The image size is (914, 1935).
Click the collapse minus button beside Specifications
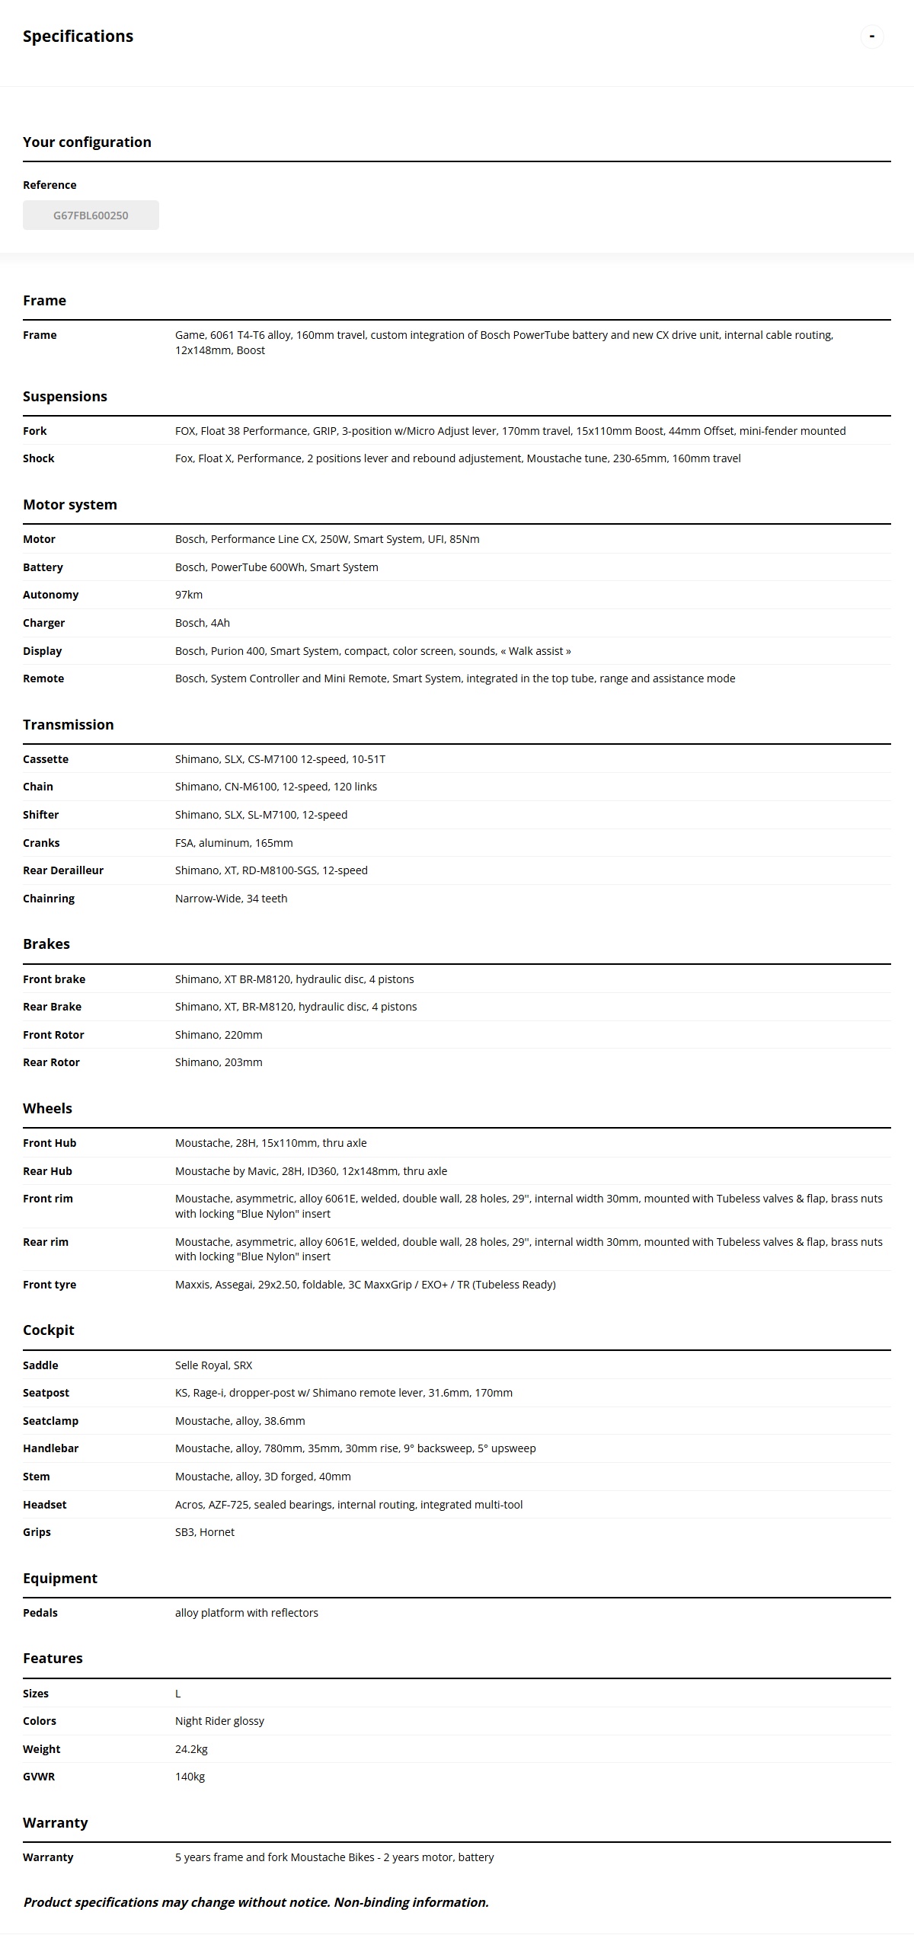point(871,37)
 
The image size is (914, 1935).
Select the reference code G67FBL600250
point(91,216)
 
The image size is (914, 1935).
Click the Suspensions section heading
point(65,397)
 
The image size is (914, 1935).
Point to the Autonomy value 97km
point(189,595)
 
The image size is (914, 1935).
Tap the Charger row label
point(43,623)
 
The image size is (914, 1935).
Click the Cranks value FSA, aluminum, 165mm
point(234,843)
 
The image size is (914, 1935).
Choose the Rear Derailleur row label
point(63,870)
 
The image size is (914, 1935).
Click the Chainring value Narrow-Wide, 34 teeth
point(231,899)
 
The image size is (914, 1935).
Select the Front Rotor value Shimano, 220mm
point(219,1035)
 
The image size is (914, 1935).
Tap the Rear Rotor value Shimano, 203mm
point(219,1062)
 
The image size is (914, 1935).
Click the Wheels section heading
point(47,1109)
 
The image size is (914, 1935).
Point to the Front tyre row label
point(50,1285)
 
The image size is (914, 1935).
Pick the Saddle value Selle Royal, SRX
point(213,1365)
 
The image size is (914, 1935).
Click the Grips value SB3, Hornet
point(205,1532)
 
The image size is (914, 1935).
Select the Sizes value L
point(178,1694)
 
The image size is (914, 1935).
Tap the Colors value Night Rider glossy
point(219,1721)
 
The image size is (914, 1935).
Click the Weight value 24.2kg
point(191,1749)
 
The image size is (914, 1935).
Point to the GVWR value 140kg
point(190,1777)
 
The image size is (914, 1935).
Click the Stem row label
point(37,1477)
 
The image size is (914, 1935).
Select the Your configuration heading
point(87,142)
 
